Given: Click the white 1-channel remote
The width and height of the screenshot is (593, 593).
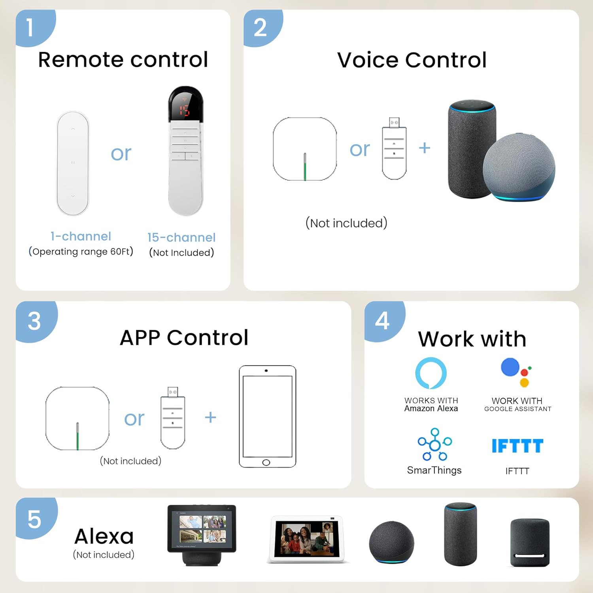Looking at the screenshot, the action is coord(73,163).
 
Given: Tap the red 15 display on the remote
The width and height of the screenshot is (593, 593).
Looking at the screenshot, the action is coord(184,110).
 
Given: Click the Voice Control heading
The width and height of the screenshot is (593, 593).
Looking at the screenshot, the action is coord(412,60).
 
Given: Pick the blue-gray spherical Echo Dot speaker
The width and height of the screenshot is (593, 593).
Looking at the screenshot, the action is coord(519,167).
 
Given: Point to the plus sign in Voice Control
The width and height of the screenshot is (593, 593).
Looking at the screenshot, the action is coord(424,148).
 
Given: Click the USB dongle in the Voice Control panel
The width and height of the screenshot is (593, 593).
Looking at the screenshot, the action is coord(394,148).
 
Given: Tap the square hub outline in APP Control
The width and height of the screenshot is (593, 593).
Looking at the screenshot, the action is coord(77,418).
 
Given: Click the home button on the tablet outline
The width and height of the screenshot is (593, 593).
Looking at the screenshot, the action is coord(266,463).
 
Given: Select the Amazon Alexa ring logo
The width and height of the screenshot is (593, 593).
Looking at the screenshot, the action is coord(431,373).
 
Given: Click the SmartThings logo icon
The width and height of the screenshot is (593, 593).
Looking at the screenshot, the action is coord(435,444).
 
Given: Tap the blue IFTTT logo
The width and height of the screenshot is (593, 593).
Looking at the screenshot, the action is coord(517,446).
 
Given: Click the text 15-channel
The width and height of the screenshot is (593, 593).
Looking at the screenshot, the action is coord(181,237).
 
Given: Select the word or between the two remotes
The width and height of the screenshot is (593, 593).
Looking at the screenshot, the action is coord(121,153).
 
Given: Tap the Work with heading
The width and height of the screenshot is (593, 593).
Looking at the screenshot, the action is coord(472,339).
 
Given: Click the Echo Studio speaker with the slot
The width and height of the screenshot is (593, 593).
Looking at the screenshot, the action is coord(530,543).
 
